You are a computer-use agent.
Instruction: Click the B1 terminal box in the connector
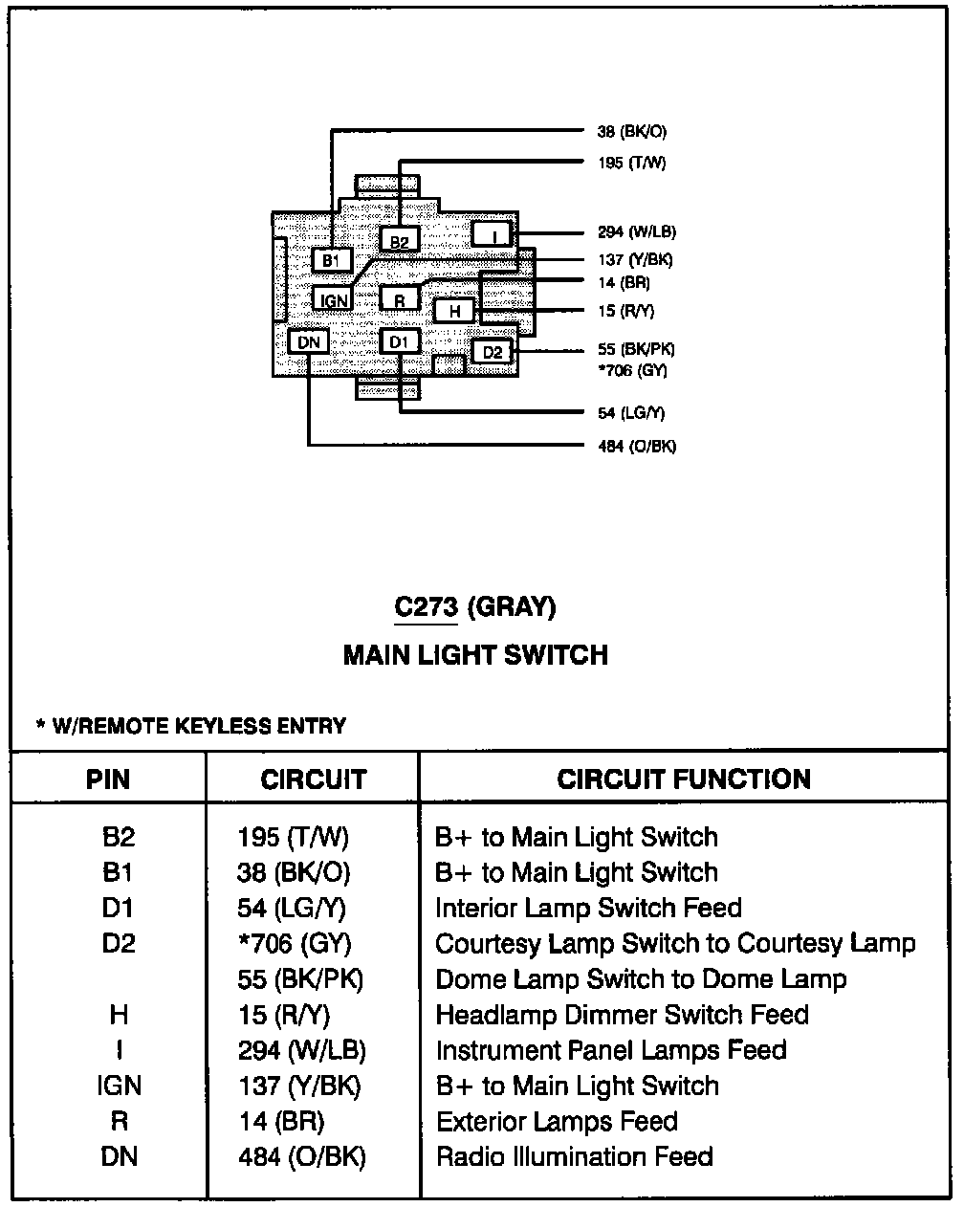(x=332, y=260)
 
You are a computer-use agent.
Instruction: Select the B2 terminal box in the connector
(x=399, y=241)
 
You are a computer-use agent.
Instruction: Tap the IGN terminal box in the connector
(x=333, y=300)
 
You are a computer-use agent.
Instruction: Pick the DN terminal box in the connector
(x=309, y=341)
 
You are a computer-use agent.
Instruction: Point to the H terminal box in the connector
(x=455, y=311)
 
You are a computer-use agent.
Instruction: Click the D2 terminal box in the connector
(x=493, y=352)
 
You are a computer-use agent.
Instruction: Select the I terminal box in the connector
(x=493, y=235)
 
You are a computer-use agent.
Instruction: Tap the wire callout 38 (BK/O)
(x=632, y=132)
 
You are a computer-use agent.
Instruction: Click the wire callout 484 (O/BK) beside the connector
(x=637, y=447)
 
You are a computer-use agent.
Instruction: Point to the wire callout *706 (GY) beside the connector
(x=632, y=370)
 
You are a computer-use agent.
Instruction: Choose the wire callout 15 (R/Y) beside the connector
(x=625, y=311)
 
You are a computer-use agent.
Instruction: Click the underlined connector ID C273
(x=427, y=607)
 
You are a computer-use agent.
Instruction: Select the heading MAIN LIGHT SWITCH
(x=475, y=655)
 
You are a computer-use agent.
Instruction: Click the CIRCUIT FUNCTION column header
(x=684, y=779)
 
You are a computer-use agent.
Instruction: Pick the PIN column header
(x=108, y=779)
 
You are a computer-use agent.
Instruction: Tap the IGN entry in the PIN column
(x=119, y=1086)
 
